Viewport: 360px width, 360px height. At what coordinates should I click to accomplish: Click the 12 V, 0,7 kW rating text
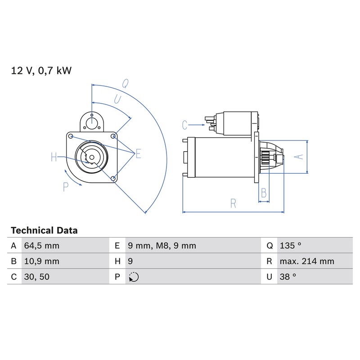(x=41, y=71)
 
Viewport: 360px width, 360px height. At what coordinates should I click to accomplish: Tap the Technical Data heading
(x=44, y=230)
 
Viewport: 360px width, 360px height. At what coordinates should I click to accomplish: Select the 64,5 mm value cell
(x=42, y=246)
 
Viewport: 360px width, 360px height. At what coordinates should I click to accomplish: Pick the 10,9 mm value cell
(x=42, y=261)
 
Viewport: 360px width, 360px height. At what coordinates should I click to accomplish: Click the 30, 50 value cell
(x=37, y=277)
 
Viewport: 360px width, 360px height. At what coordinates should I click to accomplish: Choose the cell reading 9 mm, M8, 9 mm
(x=162, y=246)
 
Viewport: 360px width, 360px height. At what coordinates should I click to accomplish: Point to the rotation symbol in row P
(x=134, y=277)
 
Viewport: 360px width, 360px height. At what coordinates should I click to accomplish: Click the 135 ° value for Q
(x=290, y=246)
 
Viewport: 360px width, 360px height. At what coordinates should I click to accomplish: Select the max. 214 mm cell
(x=307, y=261)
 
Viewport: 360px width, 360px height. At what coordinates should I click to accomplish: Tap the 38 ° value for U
(x=288, y=277)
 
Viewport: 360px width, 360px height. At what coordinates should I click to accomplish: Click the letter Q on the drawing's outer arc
(x=126, y=84)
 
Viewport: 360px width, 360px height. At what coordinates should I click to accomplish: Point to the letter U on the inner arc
(x=117, y=99)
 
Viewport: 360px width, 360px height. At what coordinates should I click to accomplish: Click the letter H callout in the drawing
(x=54, y=157)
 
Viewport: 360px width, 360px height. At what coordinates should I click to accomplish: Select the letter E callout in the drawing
(x=138, y=153)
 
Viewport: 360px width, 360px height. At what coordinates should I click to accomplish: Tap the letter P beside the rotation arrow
(x=66, y=187)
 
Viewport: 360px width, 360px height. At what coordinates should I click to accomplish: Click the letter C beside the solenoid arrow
(x=184, y=125)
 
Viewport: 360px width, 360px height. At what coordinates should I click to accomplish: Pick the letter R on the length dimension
(x=233, y=203)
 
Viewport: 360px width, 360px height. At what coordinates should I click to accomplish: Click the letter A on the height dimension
(x=299, y=157)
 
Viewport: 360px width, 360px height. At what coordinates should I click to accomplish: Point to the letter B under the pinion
(x=264, y=193)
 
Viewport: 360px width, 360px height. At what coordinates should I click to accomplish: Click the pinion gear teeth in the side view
(x=265, y=158)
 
